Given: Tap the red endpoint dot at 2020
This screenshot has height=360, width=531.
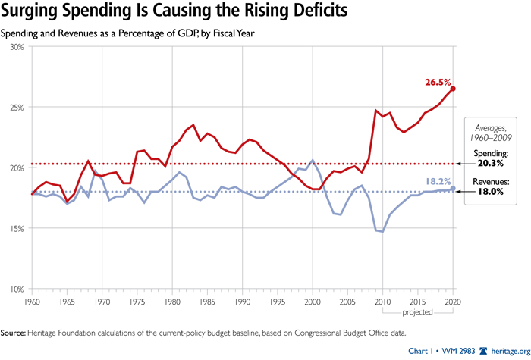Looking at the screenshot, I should pyautogui.click(x=453, y=89).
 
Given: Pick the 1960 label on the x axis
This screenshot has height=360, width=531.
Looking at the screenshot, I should pyautogui.click(x=32, y=301).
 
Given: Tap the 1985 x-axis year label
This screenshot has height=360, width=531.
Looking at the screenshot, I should pyautogui.click(x=207, y=301).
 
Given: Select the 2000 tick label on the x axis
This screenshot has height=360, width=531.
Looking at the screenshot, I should pyautogui.click(x=313, y=301).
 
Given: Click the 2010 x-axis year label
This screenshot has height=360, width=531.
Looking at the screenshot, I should pyautogui.click(x=383, y=301).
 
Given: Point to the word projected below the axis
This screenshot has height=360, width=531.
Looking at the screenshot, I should pyautogui.click(x=418, y=311).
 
